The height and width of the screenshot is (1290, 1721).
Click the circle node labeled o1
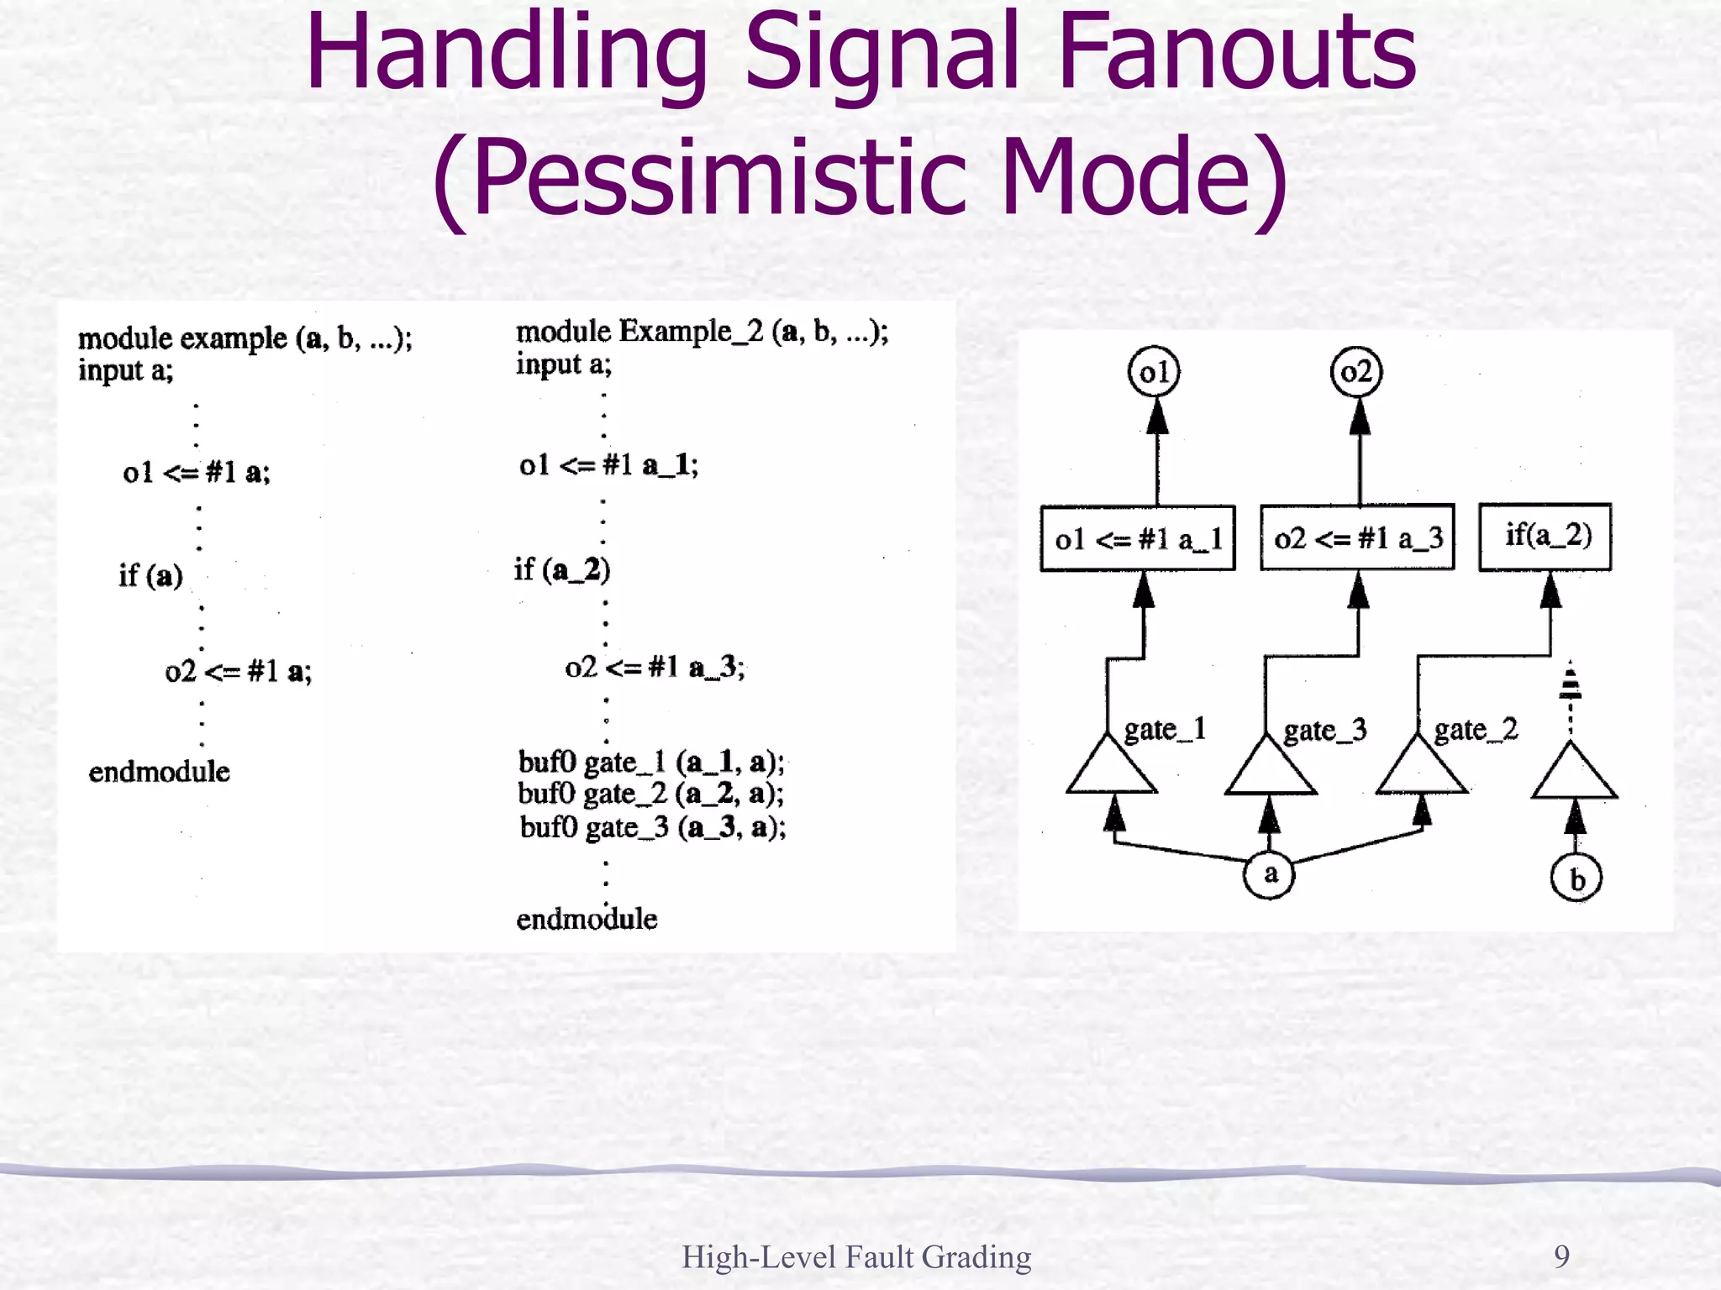[x=1154, y=372]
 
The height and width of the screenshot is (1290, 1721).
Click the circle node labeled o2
[x=1356, y=372]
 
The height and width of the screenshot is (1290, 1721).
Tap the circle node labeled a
[x=1269, y=874]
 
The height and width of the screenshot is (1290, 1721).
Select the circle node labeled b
[x=1576, y=878]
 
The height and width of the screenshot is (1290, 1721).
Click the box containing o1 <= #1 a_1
[x=1138, y=538]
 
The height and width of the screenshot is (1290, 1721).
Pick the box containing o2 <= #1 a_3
[x=1357, y=537]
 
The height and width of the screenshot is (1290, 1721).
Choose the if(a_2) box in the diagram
[x=1545, y=537]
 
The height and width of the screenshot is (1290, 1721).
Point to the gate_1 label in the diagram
[x=1165, y=729]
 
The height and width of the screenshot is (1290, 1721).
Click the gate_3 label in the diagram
[x=1324, y=731]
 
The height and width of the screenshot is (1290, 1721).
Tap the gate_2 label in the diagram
[x=1476, y=730]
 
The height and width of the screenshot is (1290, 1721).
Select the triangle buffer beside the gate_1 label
[x=1111, y=768]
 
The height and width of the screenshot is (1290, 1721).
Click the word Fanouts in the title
[x=1236, y=52]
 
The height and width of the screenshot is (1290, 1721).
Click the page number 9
[x=1561, y=1256]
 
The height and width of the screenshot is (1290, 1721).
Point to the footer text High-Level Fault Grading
[x=856, y=1257]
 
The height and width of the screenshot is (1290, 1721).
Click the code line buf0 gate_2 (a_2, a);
[x=651, y=794]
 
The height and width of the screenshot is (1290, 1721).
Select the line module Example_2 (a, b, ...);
[x=702, y=333]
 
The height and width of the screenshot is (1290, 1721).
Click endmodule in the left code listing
[x=159, y=772]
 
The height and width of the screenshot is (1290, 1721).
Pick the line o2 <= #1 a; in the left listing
[x=238, y=672]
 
